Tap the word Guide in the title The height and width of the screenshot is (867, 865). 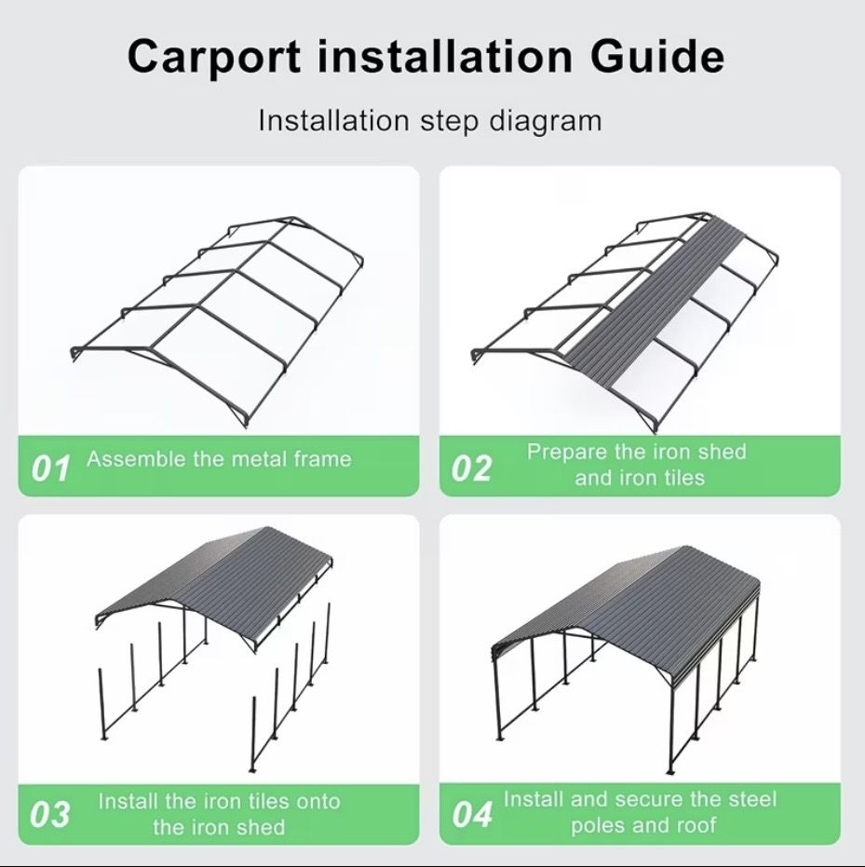(657, 55)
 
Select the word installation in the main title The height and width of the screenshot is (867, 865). (445, 55)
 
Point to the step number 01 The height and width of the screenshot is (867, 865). (51, 469)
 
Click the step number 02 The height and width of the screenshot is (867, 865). (471, 469)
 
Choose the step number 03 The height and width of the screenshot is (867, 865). (50, 815)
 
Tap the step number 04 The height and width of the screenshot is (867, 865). (472, 815)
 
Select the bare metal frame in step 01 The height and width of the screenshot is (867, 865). (217, 322)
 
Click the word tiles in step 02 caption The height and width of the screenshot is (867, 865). (683, 478)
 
